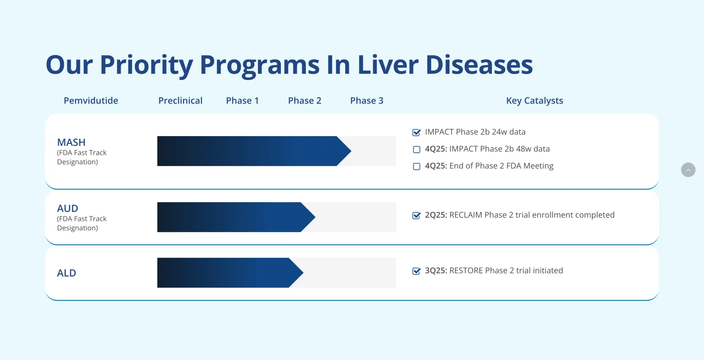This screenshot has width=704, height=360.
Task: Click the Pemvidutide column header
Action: tap(91, 101)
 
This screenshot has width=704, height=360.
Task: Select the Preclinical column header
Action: tap(180, 101)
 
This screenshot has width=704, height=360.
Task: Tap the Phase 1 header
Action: tap(242, 101)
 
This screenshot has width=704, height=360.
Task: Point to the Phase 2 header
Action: tap(304, 101)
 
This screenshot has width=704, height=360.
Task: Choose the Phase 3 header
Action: tap(366, 101)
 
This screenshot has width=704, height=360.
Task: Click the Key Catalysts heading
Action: tap(534, 101)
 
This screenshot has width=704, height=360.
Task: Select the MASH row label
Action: tap(71, 143)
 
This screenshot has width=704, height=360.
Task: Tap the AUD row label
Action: tap(68, 208)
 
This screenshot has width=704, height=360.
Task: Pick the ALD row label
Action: tap(67, 273)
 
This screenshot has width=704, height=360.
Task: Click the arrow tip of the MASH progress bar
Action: tap(348, 151)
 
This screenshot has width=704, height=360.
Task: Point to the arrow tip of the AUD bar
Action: tap(313, 217)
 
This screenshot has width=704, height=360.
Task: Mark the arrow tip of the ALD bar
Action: tap(301, 273)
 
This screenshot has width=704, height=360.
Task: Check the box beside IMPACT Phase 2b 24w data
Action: tap(416, 132)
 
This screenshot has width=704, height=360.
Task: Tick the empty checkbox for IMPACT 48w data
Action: tap(416, 149)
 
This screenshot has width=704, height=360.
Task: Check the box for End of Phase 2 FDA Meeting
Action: tap(416, 166)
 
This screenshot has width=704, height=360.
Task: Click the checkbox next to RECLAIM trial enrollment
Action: tap(416, 215)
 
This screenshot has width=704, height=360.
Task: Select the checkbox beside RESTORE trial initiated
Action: tap(416, 271)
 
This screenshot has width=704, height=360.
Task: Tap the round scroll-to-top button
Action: tap(688, 170)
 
